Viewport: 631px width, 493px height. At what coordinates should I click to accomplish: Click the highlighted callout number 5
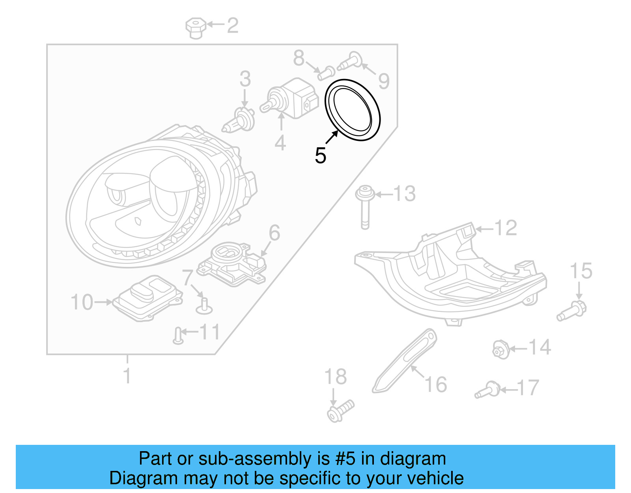(320, 156)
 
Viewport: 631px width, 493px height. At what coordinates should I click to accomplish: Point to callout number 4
(280, 143)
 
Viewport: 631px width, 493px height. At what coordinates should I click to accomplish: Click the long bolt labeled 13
(365, 208)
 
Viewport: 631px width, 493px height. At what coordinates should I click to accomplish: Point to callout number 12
(506, 228)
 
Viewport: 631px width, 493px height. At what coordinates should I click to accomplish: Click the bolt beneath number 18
(340, 410)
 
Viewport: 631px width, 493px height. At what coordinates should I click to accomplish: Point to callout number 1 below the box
(127, 376)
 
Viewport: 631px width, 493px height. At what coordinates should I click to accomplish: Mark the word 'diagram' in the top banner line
(413, 459)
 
